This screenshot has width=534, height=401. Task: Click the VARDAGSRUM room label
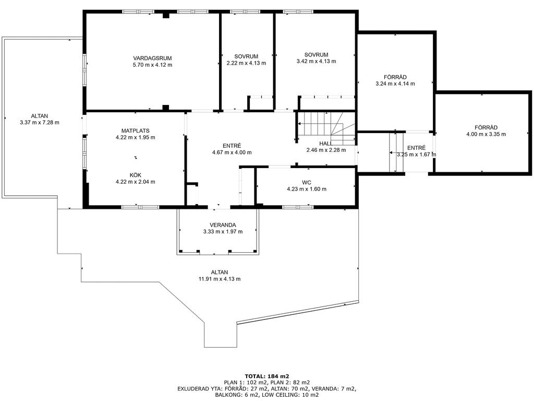[x=152, y=58]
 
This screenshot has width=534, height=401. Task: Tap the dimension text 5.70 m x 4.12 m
[x=152, y=65]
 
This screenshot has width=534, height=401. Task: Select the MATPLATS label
[x=136, y=131]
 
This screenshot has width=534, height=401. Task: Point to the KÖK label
[x=136, y=175]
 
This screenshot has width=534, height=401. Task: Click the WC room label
[x=307, y=182]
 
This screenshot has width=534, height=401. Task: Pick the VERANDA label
[x=223, y=225]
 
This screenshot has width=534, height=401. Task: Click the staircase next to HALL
[x=326, y=128]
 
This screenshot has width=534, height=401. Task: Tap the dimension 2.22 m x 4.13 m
[x=246, y=63]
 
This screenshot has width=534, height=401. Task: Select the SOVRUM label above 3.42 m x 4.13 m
[x=317, y=54]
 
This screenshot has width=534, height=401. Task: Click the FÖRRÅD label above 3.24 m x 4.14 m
[x=395, y=77]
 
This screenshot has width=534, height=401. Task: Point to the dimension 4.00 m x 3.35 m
[x=486, y=134]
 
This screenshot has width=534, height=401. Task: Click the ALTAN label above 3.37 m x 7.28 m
[x=40, y=116]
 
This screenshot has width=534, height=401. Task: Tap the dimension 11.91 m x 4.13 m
[x=220, y=279]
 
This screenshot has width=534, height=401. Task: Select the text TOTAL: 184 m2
[x=267, y=376]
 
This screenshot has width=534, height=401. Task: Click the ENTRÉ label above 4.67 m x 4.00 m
[x=232, y=146]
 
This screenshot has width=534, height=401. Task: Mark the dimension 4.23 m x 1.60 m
[x=307, y=189]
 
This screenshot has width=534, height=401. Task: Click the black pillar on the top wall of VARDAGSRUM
[x=166, y=15]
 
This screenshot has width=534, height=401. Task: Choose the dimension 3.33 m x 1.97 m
[x=223, y=231]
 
